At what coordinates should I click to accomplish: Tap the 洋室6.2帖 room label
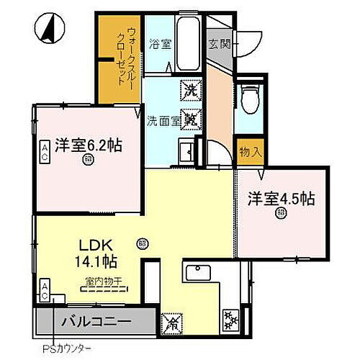pyautogui.click(x=88, y=144)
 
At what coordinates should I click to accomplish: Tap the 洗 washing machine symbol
pyautogui.click(x=190, y=90)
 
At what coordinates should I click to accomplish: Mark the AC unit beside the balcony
pyautogui.click(x=45, y=292)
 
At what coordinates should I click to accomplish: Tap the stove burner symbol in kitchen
pyautogui.click(x=230, y=317)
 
